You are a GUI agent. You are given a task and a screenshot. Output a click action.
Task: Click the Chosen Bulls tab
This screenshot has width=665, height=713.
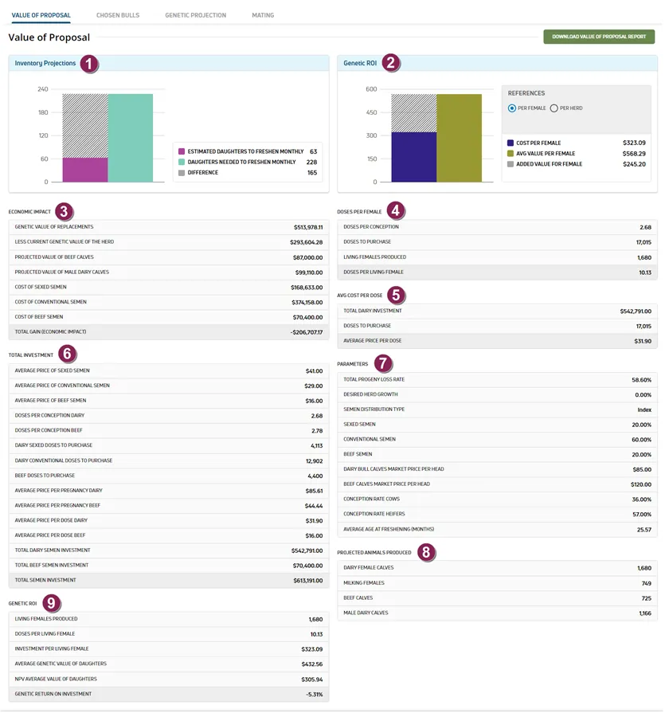(x=118, y=15)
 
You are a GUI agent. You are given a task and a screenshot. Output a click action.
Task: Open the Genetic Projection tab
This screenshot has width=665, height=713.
(x=195, y=15)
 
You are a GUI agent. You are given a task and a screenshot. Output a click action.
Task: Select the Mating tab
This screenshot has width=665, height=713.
(x=263, y=15)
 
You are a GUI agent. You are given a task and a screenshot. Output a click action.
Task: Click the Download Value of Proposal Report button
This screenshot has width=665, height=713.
(x=599, y=37)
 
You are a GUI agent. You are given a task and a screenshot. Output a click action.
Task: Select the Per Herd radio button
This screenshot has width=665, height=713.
(x=554, y=108)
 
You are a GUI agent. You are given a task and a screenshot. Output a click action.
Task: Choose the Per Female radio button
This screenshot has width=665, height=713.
(x=512, y=108)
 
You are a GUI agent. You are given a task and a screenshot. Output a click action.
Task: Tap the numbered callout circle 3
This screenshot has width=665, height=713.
(x=64, y=211)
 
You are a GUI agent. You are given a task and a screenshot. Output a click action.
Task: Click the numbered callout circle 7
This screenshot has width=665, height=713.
(x=383, y=363)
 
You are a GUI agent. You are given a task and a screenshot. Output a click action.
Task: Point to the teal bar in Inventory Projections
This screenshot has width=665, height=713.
(x=131, y=139)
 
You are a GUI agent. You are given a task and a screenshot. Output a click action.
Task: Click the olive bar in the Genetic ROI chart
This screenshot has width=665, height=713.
(x=459, y=139)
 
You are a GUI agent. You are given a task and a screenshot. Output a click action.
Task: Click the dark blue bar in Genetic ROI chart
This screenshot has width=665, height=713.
(x=414, y=157)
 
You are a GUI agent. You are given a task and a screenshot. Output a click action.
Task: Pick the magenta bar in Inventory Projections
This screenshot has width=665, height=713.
(x=85, y=170)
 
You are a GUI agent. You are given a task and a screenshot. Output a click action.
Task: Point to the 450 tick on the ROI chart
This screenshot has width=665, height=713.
(x=371, y=112)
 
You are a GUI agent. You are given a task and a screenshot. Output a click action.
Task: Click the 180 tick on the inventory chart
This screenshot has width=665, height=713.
(x=43, y=112)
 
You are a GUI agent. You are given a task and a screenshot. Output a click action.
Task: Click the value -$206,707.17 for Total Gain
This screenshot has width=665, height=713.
(x=307, y=332)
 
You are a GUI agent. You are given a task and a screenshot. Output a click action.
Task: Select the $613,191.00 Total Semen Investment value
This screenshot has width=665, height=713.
(x=307, y=581)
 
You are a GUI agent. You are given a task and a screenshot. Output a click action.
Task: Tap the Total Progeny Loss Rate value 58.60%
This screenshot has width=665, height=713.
(x=641, y=380)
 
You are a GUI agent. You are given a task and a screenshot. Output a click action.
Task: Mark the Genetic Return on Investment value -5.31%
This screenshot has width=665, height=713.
(x=314, y=695)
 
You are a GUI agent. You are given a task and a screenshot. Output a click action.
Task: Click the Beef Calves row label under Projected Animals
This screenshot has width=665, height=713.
(x=358, y=598)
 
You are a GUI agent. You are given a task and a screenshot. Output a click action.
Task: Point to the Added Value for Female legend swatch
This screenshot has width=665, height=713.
(x=510, y=164)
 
